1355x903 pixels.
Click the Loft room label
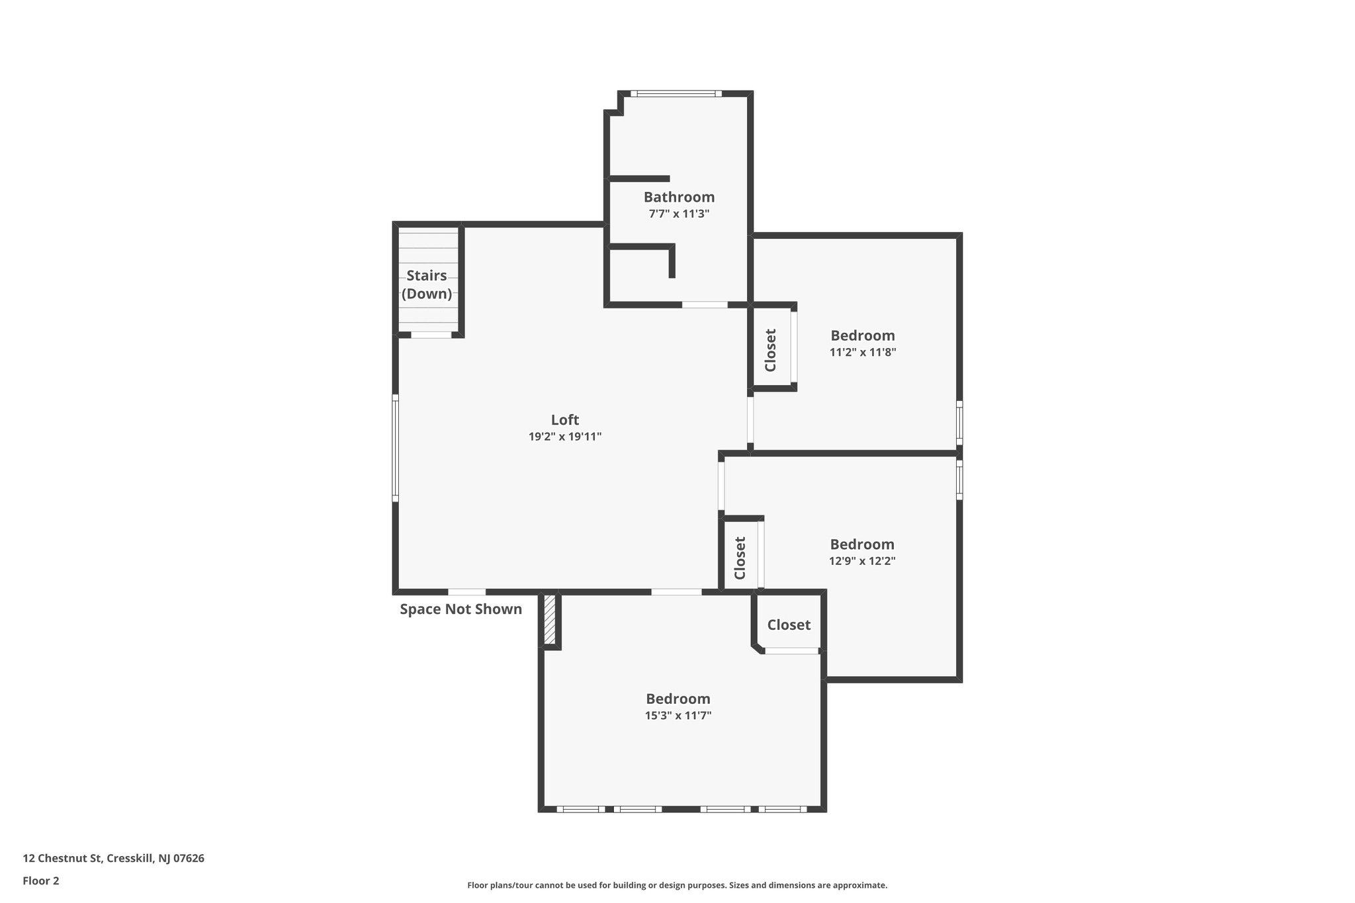[x=564, y=419]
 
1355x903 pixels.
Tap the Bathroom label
[x=679, y=196]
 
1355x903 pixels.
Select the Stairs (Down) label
[x=427, y=284]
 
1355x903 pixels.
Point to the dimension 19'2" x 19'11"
[x=564, y=437]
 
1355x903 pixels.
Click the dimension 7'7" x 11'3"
[x=679, y=214]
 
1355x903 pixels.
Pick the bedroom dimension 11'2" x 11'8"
[x=862, y=353]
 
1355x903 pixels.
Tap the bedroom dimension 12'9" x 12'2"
[x=862, y=561]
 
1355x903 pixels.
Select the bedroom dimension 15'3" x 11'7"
[x=678, y=715]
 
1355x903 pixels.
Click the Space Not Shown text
[x=460, y=609]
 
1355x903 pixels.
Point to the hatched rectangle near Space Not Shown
[x=549, y=619]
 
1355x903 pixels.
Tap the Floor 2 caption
[x=41, y=881]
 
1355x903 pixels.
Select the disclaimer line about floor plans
[x=677, y=885]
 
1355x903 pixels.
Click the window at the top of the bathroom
[x=676, y=94]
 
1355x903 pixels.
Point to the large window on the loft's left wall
[x=395, y=448]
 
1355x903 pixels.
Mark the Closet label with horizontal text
[x=789, y=624]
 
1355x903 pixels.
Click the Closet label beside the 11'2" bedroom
[x=770, y=351]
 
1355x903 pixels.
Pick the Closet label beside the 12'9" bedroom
[x=740, y=558]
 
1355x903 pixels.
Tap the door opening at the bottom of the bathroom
[x=705, y=305]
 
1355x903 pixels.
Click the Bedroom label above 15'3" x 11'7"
[x=678, y=699]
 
